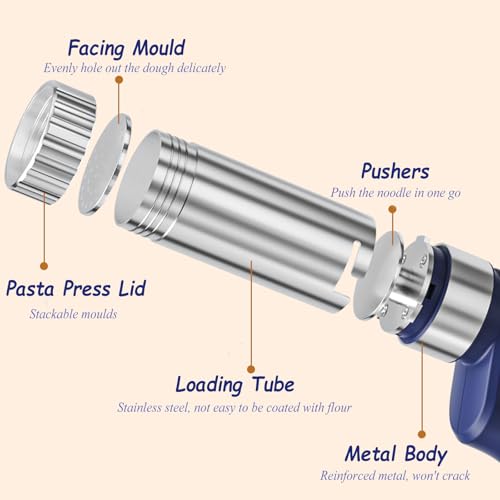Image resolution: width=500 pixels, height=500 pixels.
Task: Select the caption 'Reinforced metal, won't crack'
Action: (410, 476)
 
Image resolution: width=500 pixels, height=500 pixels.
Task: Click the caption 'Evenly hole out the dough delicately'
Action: (135, 68)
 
